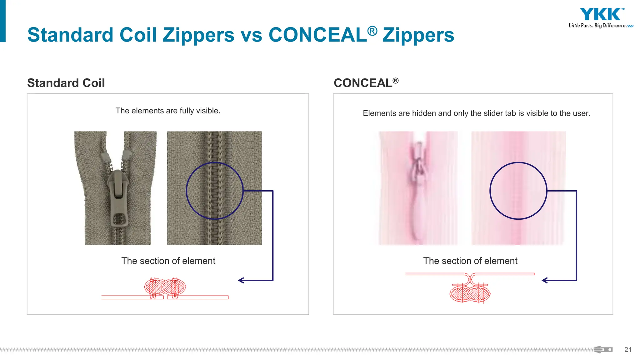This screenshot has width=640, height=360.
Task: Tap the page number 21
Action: pos(628,350)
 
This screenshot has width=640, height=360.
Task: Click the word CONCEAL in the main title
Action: pos(317,35)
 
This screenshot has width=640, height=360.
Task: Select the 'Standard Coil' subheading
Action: pos(66,83)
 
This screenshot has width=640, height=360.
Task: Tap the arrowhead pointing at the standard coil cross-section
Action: pos(241,280)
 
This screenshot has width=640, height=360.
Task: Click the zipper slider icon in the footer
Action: pos(603,350)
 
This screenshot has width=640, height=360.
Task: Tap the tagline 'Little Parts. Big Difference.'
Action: pos(597,26)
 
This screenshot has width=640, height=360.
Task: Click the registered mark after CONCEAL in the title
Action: pos(372,31)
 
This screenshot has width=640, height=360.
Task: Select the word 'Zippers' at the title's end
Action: pos(418,35)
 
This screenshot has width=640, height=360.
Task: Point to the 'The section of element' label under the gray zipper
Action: pos(168,261)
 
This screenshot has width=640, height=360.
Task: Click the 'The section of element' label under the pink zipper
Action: pos(470,261)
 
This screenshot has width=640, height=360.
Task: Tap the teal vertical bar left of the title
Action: pos(3,21)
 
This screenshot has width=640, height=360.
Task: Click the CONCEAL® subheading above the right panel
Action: pos(366,83)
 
